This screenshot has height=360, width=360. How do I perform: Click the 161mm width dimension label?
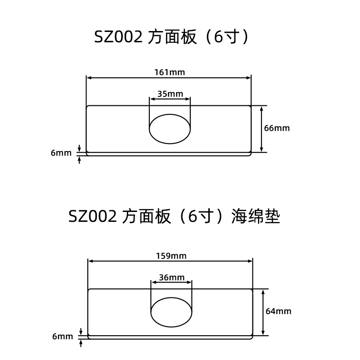[x=170, y=72]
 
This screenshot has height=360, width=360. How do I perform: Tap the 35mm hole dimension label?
[x=170, y=94]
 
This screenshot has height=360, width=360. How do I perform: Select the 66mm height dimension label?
[x=277, y=128]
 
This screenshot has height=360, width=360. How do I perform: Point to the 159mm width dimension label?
[x=171, y=256]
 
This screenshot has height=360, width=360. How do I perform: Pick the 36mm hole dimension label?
[x=171, y=278]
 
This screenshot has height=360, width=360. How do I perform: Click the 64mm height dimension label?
[x=278, y=311]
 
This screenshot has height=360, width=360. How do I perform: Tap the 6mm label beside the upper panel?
[x=61, y=153]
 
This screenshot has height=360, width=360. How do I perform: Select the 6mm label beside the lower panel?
[x=63, y=337]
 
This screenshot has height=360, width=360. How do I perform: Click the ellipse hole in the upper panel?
[x=170, y=129]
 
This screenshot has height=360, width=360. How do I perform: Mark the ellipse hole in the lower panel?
[x=171, y=312]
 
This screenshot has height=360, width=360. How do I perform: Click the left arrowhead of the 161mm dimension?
[x=89, y=78]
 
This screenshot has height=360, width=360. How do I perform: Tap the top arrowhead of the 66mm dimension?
[x=262, y=108]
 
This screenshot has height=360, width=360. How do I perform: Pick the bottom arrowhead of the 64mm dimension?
[x=263, y=333]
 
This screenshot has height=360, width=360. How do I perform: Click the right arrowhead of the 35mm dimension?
[x=188, y=99]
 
